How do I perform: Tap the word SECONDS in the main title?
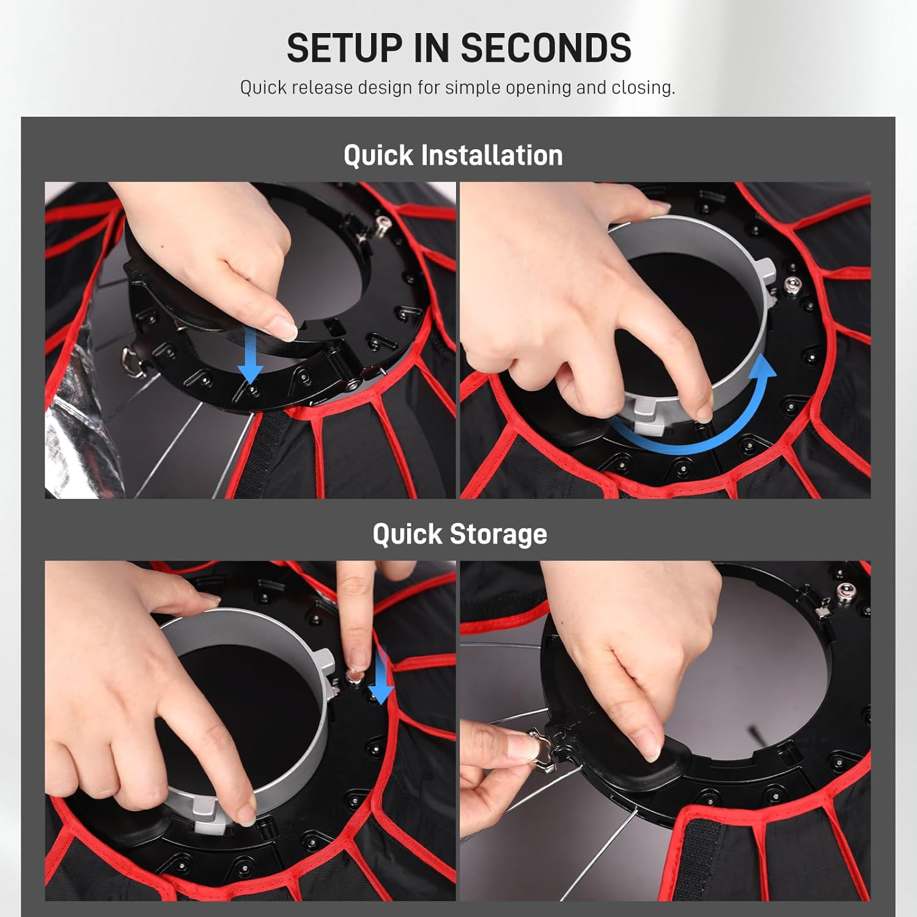point(546,48)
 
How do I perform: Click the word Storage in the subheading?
point(498,535)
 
